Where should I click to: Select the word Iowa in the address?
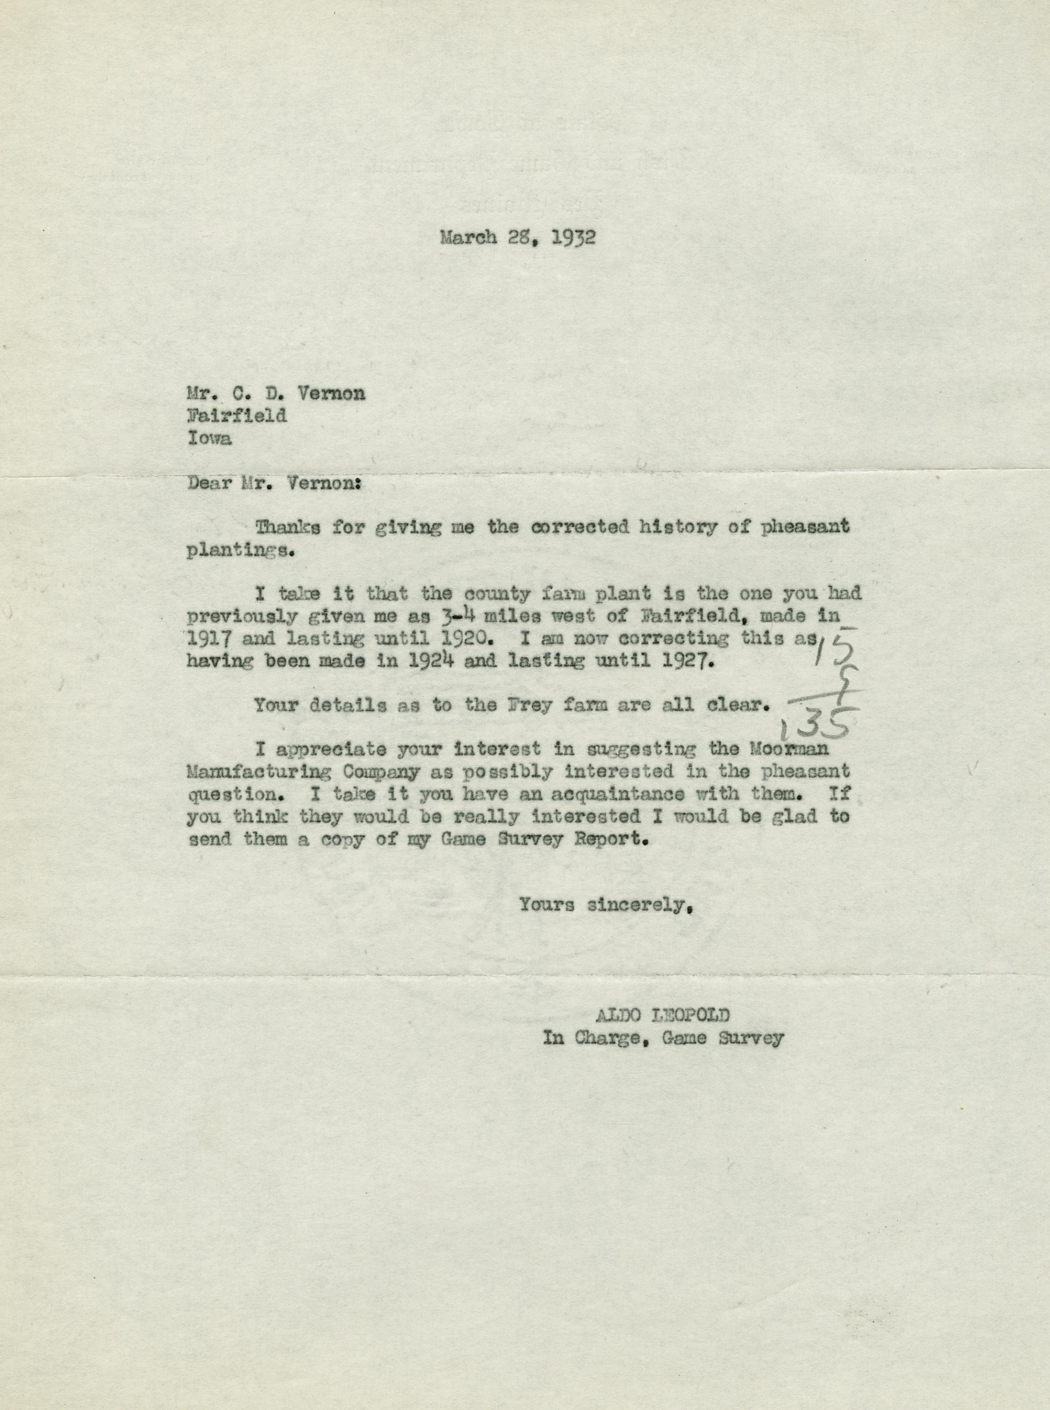(210, 438)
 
